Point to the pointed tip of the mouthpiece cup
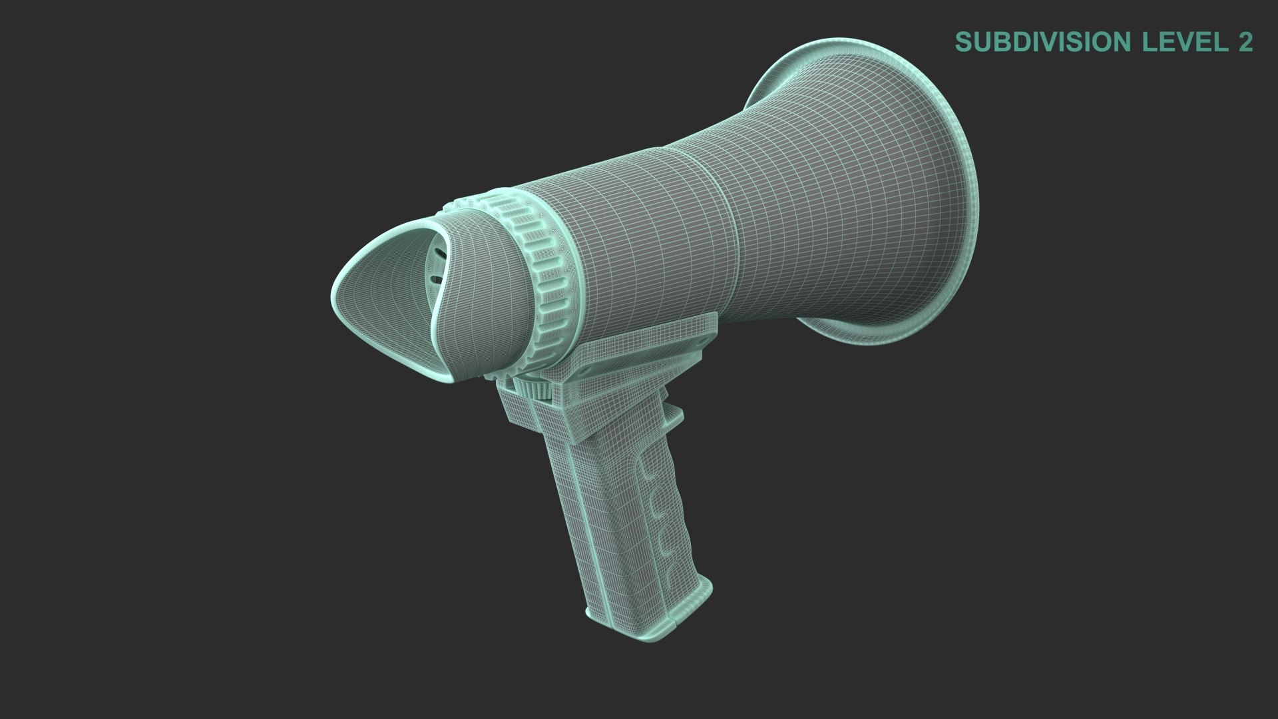[x=336, y=293]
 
